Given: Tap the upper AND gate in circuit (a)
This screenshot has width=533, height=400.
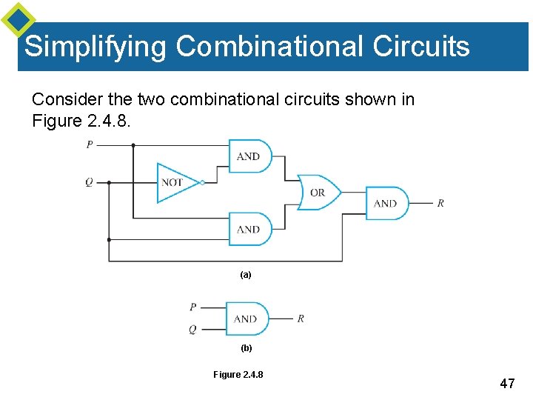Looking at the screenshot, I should (x=249, y=156).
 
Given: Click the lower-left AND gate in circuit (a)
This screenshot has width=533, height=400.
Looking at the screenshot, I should (x=249, y=230).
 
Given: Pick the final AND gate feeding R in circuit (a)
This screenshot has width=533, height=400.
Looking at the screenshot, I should (x=386, y=203).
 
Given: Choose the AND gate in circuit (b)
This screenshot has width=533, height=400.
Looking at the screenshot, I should (x=247, y=319).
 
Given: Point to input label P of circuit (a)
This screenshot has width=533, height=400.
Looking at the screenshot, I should (x=90, y=145).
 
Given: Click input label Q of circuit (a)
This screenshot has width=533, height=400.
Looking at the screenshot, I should (x=89, y=182).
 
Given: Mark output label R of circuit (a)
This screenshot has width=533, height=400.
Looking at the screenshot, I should (x=440, y=203).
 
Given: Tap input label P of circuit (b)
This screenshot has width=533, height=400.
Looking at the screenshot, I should (x=192, y=307).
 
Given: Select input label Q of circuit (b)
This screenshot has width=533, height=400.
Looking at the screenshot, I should (x=192, y=330).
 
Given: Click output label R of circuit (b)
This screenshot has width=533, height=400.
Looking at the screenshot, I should (x=301, y=319).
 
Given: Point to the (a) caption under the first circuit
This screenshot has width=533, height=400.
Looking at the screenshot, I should (x=246, y=275).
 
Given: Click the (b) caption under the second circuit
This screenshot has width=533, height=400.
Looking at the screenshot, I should (x=246, y=348).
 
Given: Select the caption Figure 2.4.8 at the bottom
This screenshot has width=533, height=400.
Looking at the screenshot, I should (x=238, y=375).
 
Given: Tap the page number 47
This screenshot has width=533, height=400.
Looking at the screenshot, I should (x=507, y=384).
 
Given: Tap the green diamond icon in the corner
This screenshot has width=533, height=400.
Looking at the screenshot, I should (x=18, y=19).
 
